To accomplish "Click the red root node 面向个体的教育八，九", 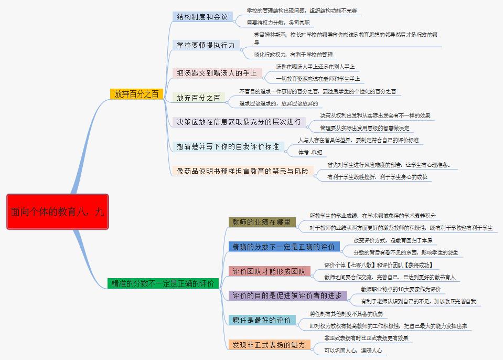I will (x=57, y=211).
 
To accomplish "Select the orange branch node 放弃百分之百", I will (x=136, y=94).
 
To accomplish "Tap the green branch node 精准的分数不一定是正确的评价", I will (x=163, y=284).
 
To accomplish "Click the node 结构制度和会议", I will (x=202, y=17).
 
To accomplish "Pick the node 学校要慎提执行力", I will (x=206, y=45).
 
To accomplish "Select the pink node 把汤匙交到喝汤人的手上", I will (x=217, y=73).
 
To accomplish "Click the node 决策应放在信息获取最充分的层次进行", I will (x=239, y=122).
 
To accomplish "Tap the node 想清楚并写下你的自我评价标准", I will (x=228, y=146).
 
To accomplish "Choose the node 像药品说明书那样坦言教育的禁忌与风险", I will (x=242, y=171).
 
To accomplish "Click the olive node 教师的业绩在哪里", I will (x=262, y=222).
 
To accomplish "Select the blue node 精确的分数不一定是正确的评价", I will (x=284, y=246).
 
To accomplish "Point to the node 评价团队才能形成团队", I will (x=270, y=271).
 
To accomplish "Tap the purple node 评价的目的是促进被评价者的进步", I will (x=287, y=295).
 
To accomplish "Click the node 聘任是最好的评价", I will (x=262, y=320).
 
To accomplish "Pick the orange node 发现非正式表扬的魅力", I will (x=269, y=344).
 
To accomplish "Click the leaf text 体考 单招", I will (x=309, y=152).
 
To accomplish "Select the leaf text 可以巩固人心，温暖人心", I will (x=352, y=350).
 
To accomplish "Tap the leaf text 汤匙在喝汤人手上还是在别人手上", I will (x=315, y=67).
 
